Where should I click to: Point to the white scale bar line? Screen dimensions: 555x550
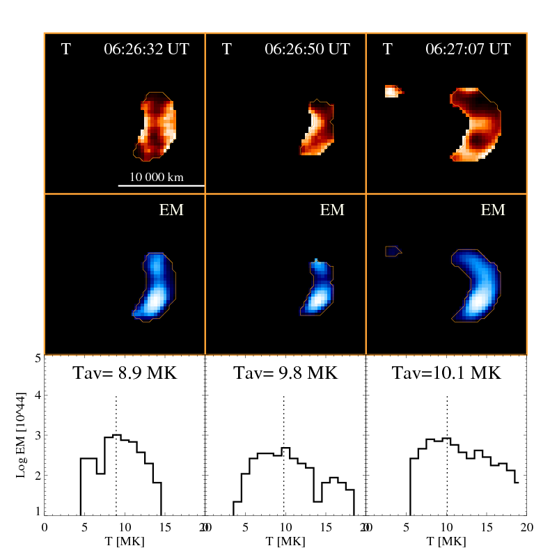161,186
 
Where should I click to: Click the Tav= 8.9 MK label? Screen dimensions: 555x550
125,373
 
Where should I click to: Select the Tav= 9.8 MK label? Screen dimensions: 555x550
285,373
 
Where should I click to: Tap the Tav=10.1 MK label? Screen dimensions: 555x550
446,373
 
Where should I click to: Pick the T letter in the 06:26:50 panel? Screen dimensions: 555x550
226,49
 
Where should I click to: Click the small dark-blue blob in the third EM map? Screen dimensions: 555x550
393,251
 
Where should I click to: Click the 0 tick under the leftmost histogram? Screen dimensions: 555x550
45,526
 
